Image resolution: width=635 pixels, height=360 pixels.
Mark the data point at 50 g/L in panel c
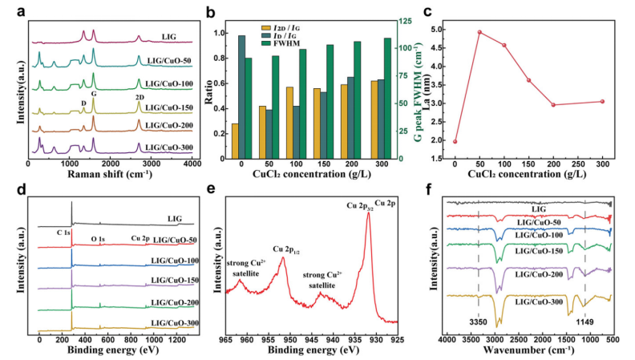479,32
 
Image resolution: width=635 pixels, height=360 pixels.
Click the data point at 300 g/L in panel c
601,101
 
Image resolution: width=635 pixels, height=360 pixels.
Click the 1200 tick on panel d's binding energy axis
178,339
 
